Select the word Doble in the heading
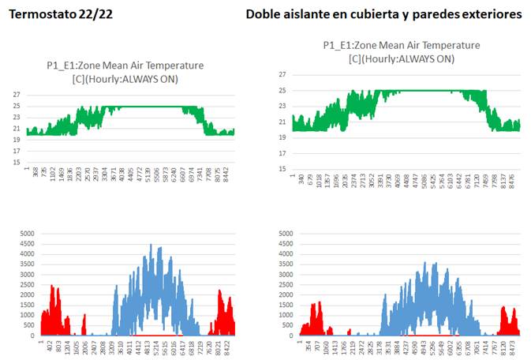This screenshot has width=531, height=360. tap(263, 14)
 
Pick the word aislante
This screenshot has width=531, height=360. tap(310, 14)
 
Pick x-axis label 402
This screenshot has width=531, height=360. tap(49, 344)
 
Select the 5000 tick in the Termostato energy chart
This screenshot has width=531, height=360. tap(27, 232)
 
